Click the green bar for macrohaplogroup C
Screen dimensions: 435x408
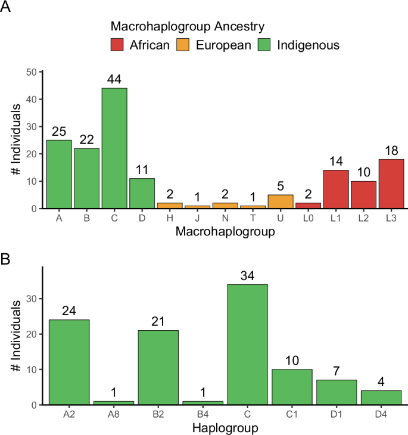tap(114, 148)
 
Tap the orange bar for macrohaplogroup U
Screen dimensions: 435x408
tap(281, 201)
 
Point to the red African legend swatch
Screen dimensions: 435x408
tap(118, 45)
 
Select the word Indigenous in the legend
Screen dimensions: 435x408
tap(308, 45)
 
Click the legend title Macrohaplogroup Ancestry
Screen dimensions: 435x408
tap(188, 26)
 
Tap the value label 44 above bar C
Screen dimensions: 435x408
tap(114, 79)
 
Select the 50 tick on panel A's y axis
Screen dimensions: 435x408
tap(32, 72)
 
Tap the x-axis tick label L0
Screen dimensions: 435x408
tap(309, 219)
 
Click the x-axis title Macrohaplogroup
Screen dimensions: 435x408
tap(225, 232)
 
